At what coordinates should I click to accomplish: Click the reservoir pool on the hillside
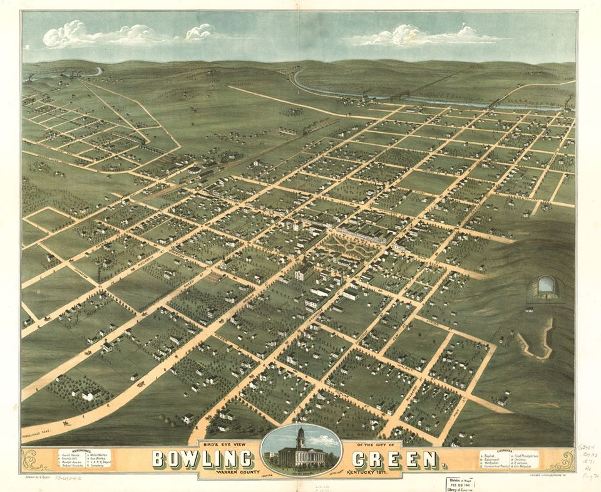[x=547, y=286]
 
